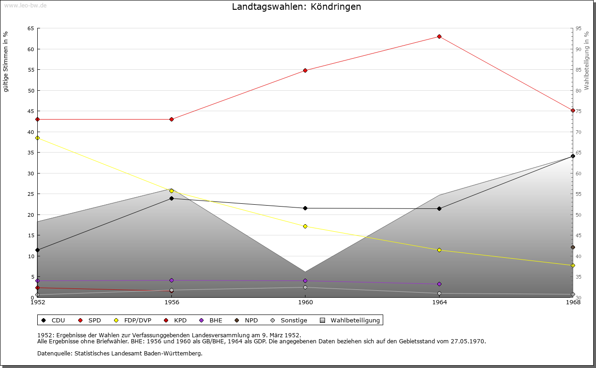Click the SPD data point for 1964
(439, 37)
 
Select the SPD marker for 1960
(305, 71)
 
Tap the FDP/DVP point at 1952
(38, 138)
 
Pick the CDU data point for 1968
(573, 156)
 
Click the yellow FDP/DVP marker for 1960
(305, 227)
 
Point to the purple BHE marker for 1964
(439, 284)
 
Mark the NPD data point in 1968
(573, 248)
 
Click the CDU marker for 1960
(305, 208)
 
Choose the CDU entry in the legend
(54, 321)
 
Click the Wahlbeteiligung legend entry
(350, 321)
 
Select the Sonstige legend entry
(289, 321)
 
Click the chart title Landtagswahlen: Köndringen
(297, 7)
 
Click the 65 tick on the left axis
(31, 28)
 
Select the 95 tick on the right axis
(578, 28)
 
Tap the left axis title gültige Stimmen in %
(6, 61)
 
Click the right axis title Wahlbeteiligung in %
(587, 61)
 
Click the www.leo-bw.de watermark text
(25, 4)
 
